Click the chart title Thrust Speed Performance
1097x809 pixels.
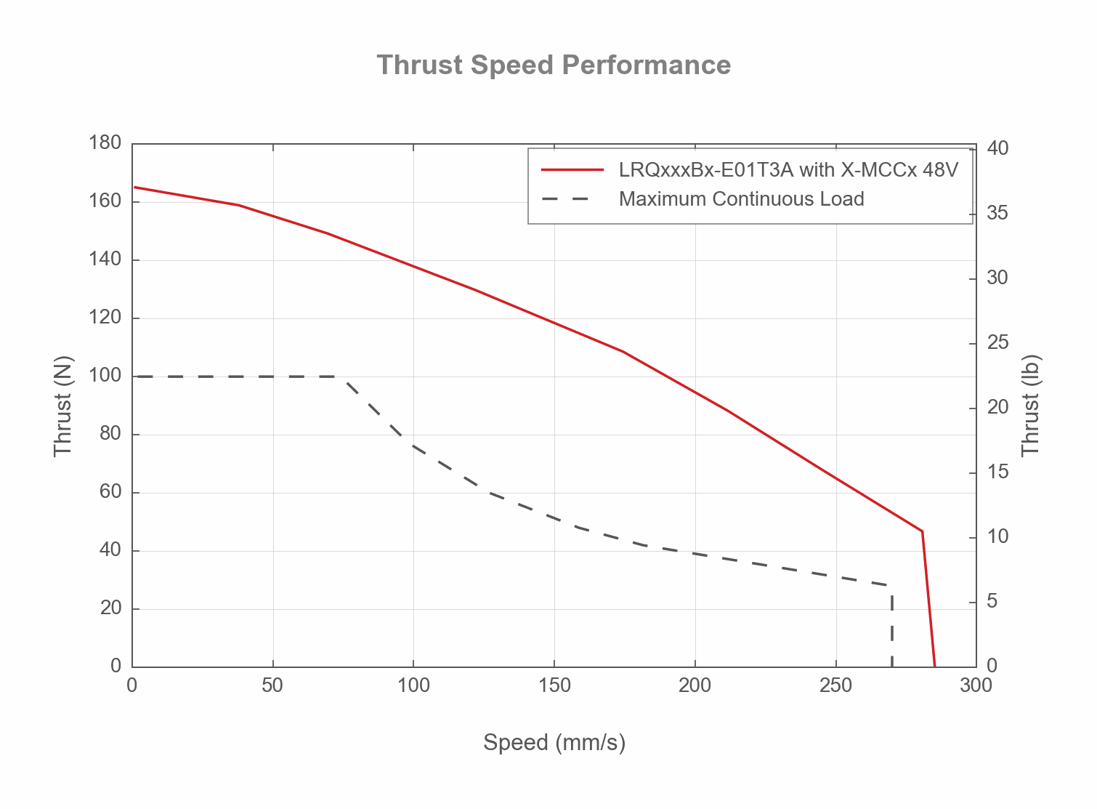pyautogui.click(x=554, y=65)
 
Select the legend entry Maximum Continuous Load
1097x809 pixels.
pyautogui.click(x=741, y=199)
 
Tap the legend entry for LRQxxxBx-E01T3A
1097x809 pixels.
pyautogui.click(x=788, y=170)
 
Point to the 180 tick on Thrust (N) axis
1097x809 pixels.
pyautogui.click(x=105, y=143)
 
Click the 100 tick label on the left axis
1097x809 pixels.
pyautogui.click(x=105, y=376)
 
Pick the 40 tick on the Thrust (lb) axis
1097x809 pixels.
pyautogui.click(x=998, y=149)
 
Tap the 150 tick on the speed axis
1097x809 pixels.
pyautogui.click(x=554, y=685)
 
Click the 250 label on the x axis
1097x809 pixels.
pyautogui.click(x=835, y=685)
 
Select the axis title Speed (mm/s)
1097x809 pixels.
pyautogui.click(x=554, y=742)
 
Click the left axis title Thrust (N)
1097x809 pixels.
pyautogui.click(x=63, y=406)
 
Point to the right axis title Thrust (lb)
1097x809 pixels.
pyautogui.click(x=1031, y=406)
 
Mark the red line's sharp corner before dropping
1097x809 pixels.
pyautogui.click(x=922, y=531)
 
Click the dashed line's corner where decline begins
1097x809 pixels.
pyautogui.click(x=344, y=377)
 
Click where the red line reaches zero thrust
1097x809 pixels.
pyautogui.click(x=935, y=666)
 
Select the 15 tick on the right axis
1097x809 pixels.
pyautogui.click(x=998, y=472)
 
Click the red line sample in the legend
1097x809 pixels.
pyautogui.click(x=572, y=170)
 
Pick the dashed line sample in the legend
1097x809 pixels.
pyautogui.click(x=572, y=199)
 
